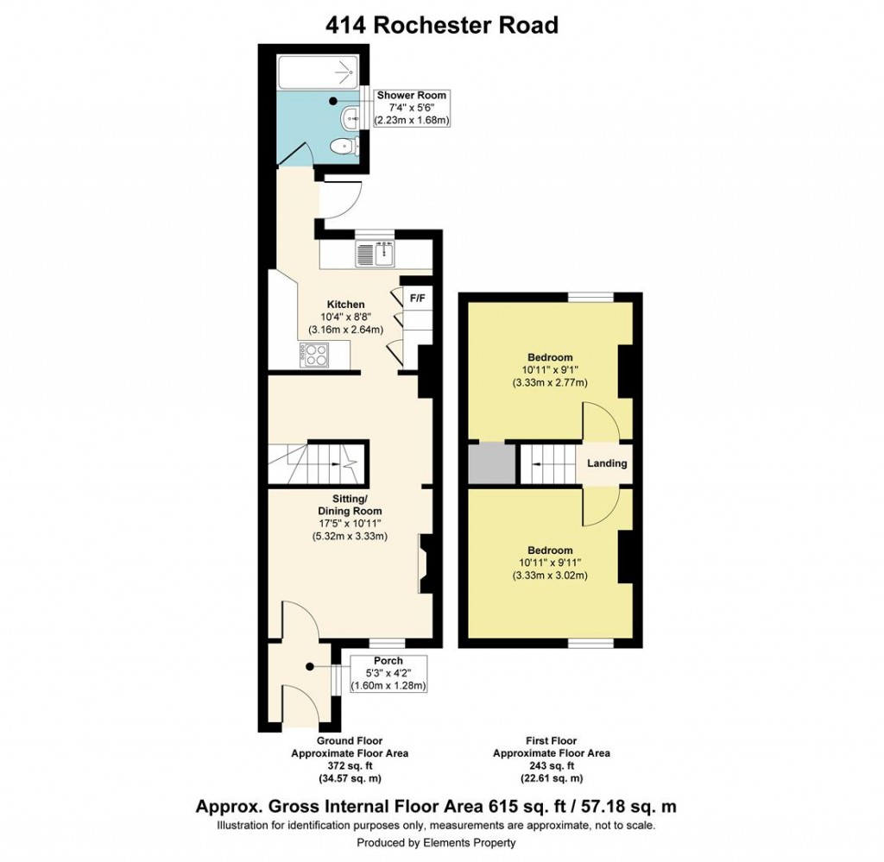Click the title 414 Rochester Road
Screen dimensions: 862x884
pos(441,25)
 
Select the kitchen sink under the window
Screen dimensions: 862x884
pos(376,254)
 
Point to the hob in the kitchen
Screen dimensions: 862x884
pos(312,353)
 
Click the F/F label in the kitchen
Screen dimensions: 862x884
pos(417,299)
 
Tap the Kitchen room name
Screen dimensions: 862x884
pos(345,305)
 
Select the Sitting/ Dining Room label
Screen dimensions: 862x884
pos(350,505)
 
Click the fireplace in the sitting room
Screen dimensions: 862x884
pos(425,564)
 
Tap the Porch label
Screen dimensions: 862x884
pos(388,661)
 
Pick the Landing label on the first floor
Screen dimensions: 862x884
pos(607,463)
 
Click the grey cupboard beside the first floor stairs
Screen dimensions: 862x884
pos(485,464)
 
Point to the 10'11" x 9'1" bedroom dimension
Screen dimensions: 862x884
pos(550,369)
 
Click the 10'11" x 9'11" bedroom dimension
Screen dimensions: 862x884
pos(550,563)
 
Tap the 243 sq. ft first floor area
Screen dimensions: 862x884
pos(551,766)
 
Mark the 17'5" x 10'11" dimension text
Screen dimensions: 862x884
pos(350,523)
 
